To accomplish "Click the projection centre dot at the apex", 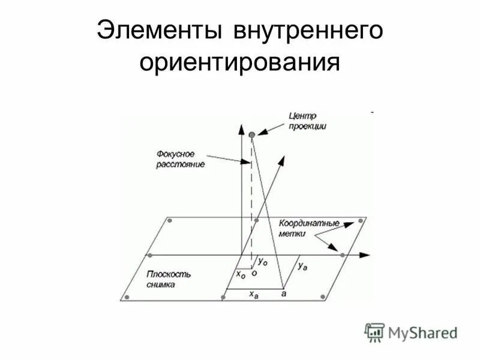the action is (252, 135).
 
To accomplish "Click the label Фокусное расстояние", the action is (179, 158).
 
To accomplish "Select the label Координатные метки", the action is (308, 228).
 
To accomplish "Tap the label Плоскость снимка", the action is (168, 279).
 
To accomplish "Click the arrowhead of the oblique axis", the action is (280, 160).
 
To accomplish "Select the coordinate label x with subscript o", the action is (240, 274).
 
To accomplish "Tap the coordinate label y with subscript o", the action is (263, 262).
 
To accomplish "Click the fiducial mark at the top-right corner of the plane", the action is (361, 221).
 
